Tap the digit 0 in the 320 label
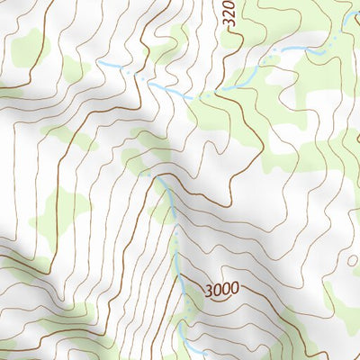tap(229, 5)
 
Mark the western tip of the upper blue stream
tap(99, 63)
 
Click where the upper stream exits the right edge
tap(357, 36)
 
